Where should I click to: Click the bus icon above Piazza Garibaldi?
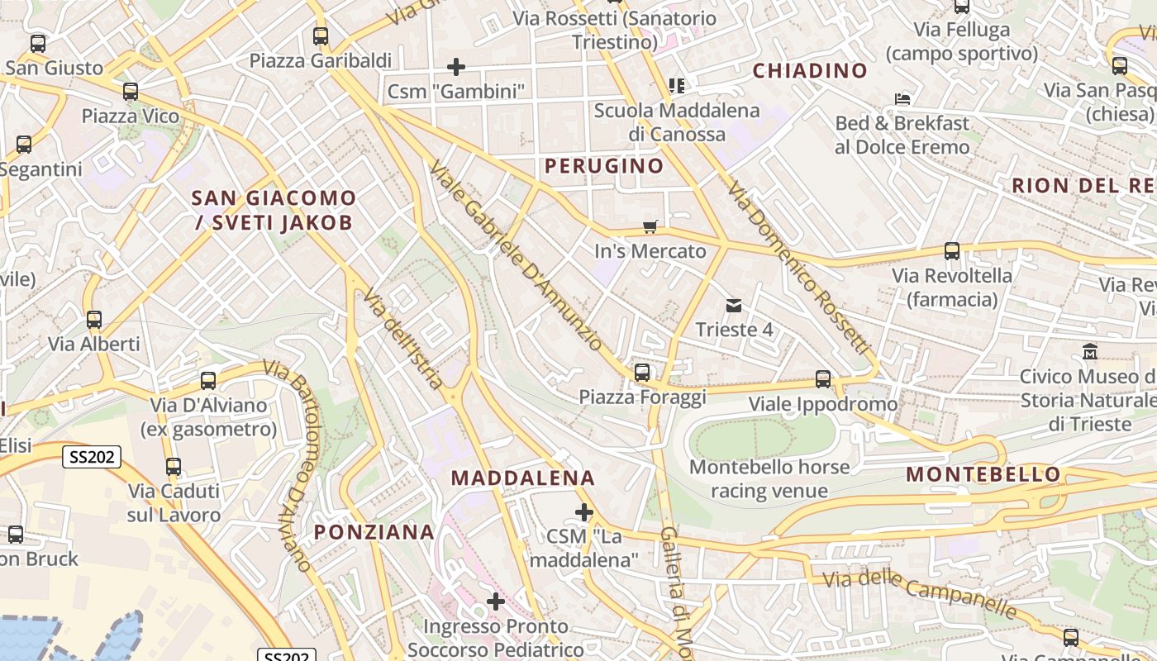321,36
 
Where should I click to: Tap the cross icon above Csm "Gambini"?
455,66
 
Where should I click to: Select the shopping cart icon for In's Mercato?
650,226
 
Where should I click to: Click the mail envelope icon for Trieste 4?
734,306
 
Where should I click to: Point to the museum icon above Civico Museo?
1090,352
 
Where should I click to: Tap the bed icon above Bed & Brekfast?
902,99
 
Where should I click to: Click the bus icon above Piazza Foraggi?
642,373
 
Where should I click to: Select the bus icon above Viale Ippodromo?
823,379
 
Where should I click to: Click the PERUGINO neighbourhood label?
604,166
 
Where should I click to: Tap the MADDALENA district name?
523,478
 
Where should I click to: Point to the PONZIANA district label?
374,532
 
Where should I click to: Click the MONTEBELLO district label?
983,474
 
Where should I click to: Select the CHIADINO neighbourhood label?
810,71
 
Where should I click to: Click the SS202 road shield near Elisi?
93,456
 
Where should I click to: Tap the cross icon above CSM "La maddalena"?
584,512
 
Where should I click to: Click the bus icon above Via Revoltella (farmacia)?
952,251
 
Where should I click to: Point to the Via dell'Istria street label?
404,340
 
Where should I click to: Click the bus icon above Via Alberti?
94,320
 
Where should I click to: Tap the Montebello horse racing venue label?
769,479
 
